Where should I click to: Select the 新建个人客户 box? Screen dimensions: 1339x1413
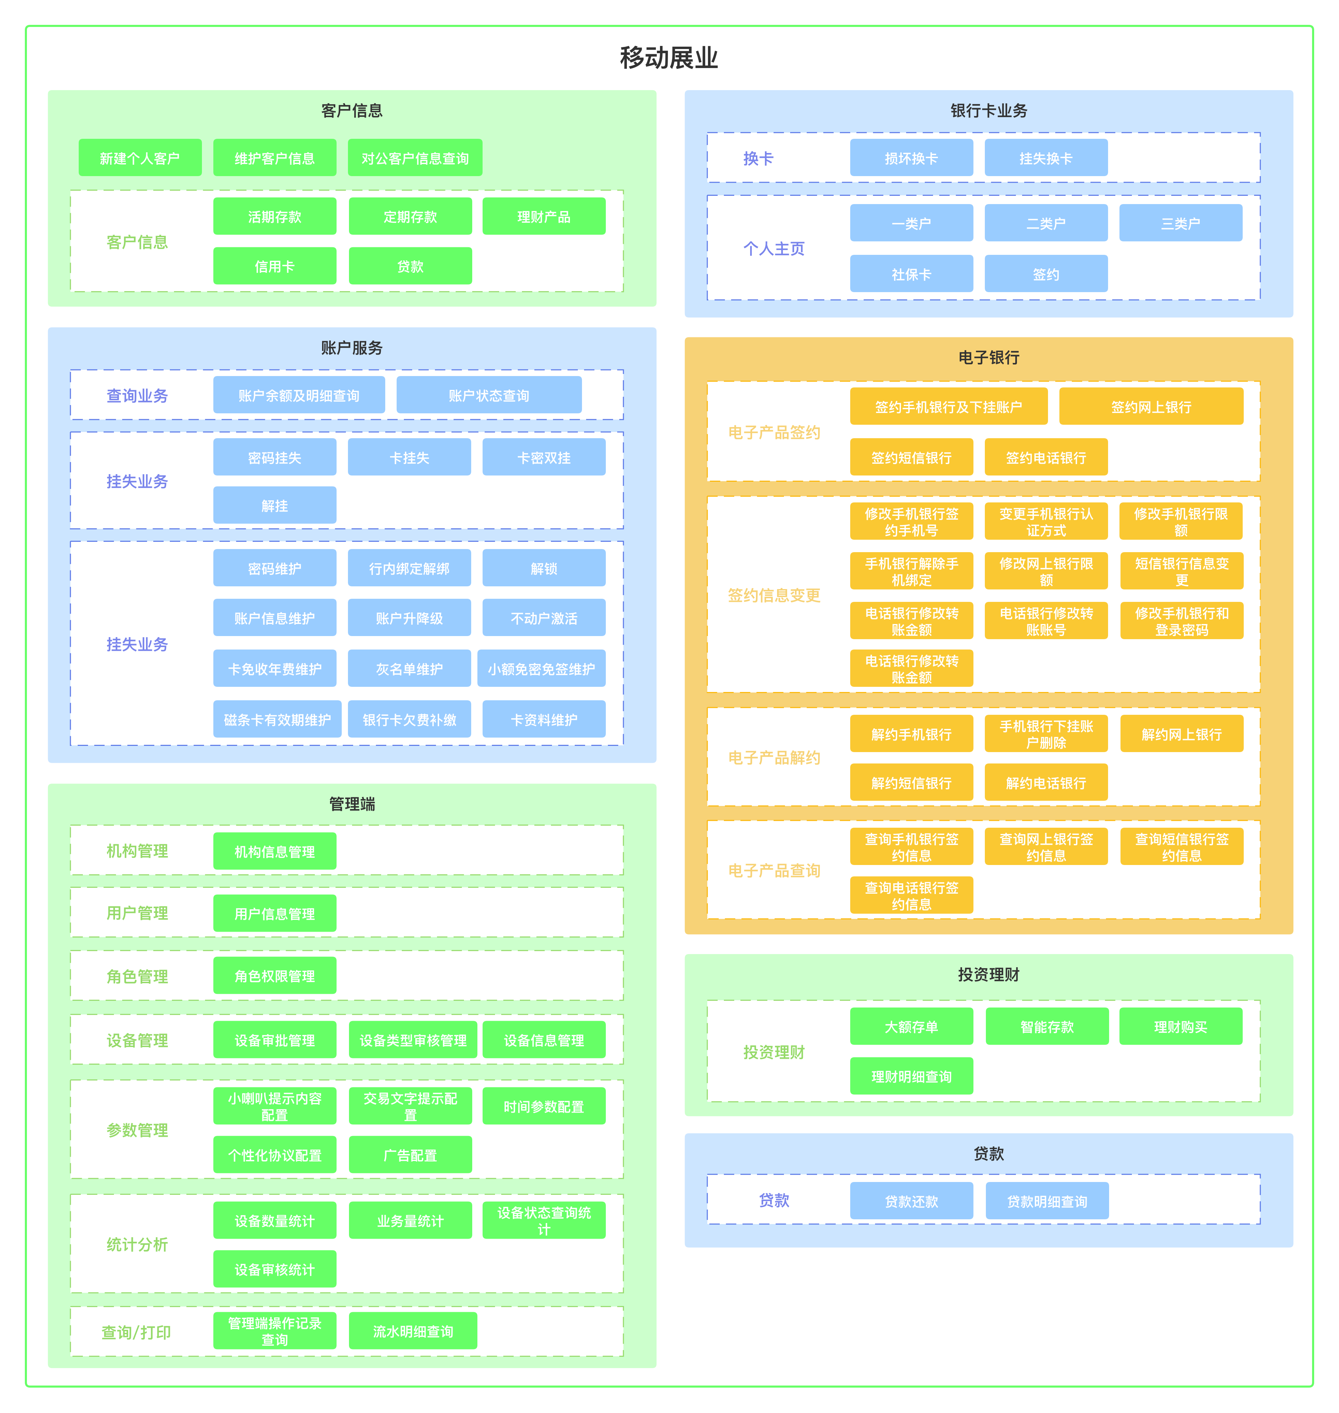click(x=140, y=158)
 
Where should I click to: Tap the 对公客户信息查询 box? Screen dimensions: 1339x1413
click(x=415, y=158)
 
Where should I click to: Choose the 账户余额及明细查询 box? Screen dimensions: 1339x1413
click(x=299, y=395)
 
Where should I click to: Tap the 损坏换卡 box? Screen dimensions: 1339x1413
click(x=911, y=158)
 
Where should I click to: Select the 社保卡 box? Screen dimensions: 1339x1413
click(x=911, y=273)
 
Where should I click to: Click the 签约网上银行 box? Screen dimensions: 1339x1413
click(x=1151, y=406)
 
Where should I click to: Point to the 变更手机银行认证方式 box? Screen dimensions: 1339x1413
click(x=1046, y=521)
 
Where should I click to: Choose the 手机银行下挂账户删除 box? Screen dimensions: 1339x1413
click(x=1046, y=733)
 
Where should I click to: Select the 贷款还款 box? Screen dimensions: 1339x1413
click(x=911, y=1201)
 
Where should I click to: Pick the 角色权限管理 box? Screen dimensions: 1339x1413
click(x=275, y=975)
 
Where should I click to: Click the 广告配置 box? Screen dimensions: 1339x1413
click(x=410, y=1154)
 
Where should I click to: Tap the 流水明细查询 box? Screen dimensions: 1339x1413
click(x=413, y=1331)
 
